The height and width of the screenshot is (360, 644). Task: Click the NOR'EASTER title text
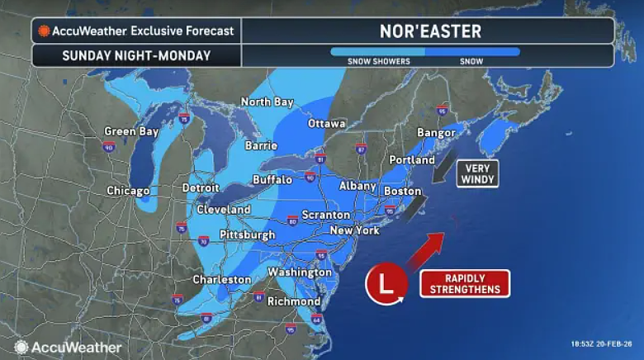(x=429, y=31)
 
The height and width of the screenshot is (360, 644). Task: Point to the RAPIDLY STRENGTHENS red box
(x=466, y=283)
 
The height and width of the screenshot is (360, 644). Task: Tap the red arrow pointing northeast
(x=427, y=253)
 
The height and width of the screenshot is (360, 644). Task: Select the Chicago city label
(x=128, y=191)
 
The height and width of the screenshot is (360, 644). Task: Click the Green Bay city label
(x=130, y=131)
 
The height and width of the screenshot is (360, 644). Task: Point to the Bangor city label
(x=437, y=132)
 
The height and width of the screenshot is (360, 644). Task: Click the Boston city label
(x=403, y=191)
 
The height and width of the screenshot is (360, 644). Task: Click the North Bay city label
(x=267, y=102)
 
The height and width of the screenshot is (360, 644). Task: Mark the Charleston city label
(x=221, y=280)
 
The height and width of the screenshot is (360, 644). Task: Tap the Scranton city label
(x=325, y=215)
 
